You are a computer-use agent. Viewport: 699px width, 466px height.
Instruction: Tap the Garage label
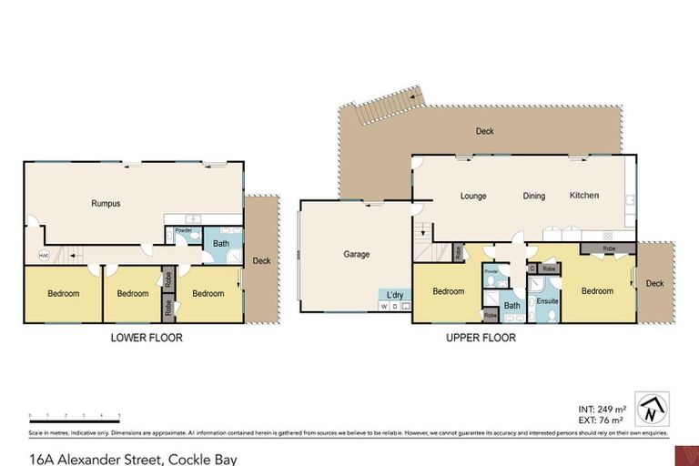point(356,254)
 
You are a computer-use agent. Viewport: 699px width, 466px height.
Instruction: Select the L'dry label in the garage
point(395,295)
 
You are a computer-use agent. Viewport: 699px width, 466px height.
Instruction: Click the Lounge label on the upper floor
point(473,196)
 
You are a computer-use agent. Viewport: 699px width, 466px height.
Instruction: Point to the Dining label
point(533,196)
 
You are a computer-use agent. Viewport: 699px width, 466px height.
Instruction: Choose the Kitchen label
point(583,196)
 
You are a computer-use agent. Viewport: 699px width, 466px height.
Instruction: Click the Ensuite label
point(547,299)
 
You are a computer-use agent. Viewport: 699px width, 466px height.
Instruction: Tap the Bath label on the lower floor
point(221,244)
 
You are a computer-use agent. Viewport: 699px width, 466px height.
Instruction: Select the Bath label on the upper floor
point(512,306)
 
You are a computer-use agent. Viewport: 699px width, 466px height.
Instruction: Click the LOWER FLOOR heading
point(147,338)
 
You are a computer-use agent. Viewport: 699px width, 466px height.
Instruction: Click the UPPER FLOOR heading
point(481,338)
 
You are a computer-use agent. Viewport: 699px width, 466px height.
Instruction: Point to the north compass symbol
point(653,408)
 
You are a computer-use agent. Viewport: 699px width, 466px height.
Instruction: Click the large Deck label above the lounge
point(484,131)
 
